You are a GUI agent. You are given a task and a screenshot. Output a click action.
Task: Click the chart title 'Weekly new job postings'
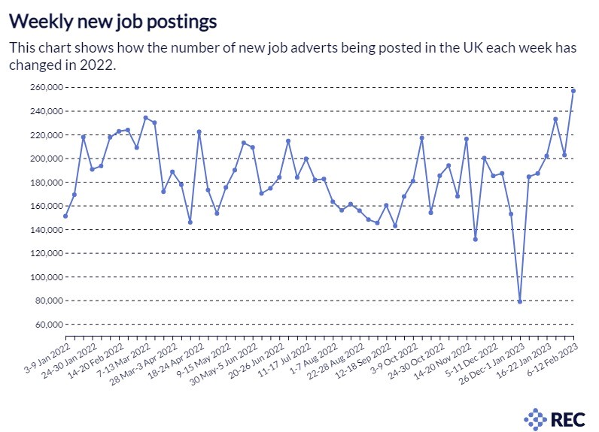click(114, 20)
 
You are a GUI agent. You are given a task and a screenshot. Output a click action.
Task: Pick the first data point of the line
click(65, 216)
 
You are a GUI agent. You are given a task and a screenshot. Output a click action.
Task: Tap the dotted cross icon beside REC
click(536, 417)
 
